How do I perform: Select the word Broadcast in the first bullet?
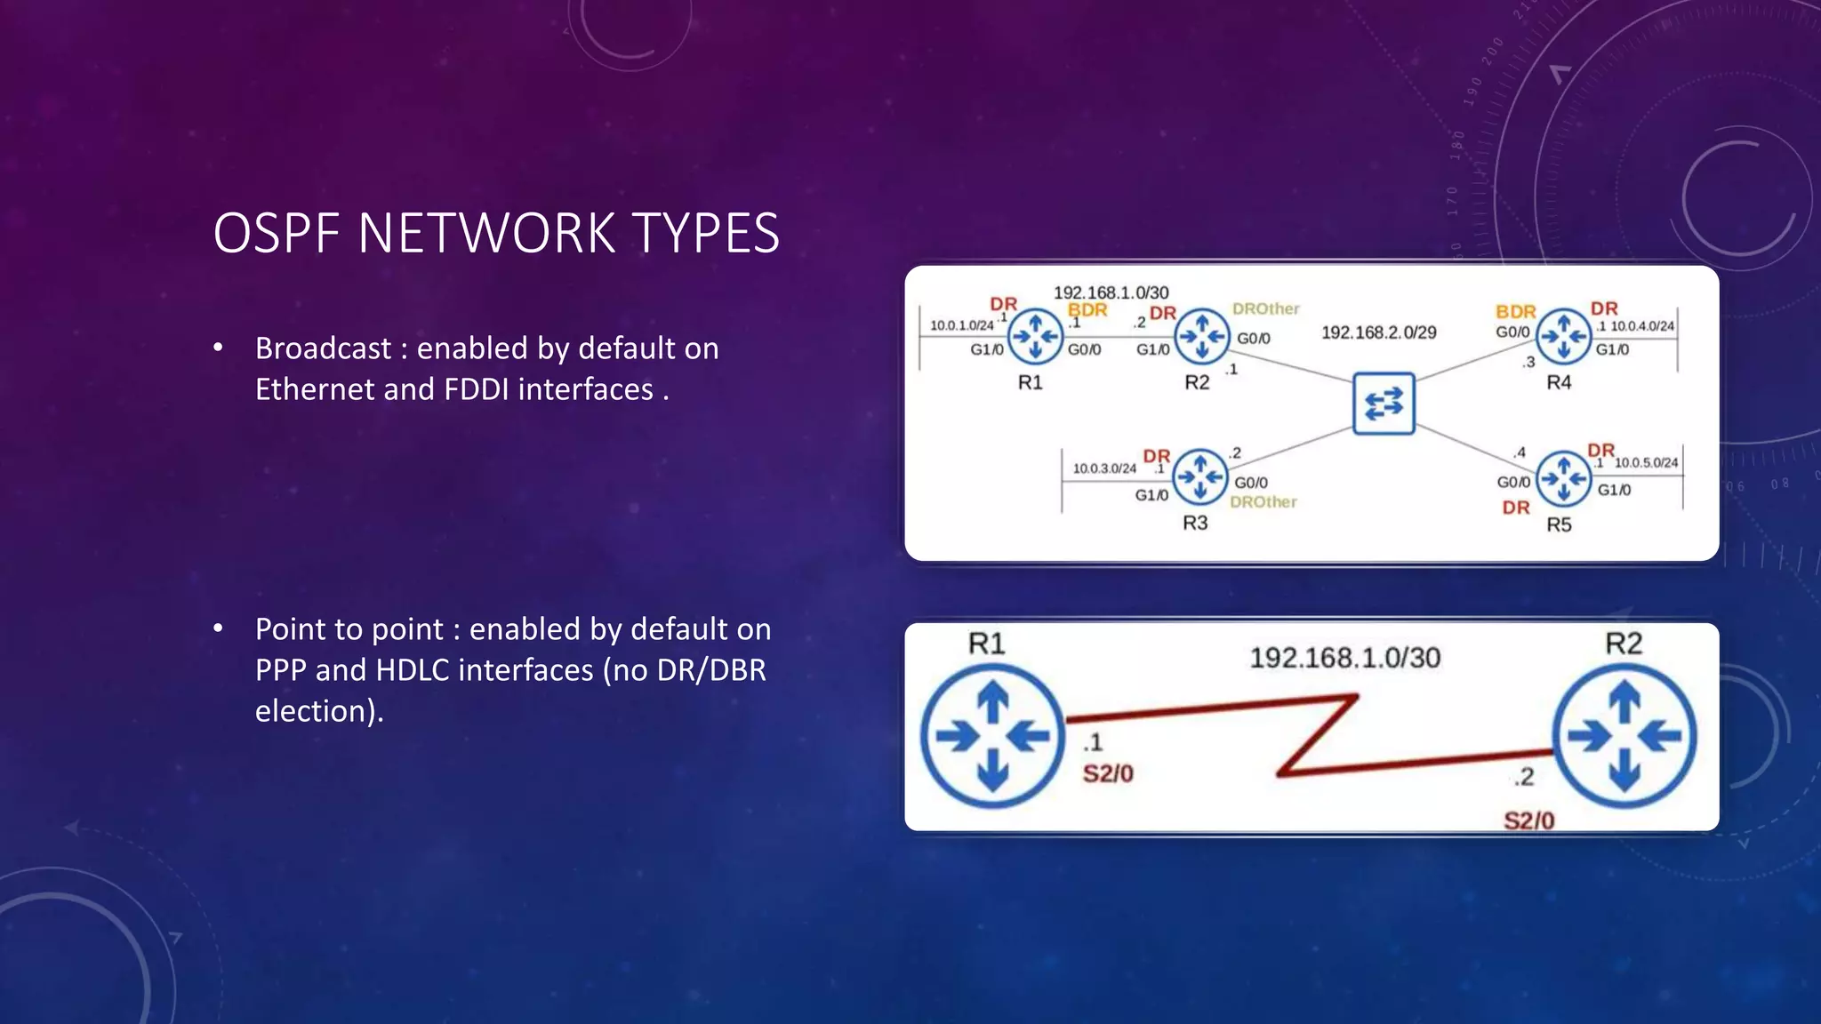click(x=323, y=348)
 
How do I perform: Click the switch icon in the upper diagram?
click(x=1384, y=404)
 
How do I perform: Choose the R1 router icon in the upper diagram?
click(x=1036, y=336)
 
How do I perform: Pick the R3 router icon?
click(x=1200, y=477)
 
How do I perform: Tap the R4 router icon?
click(x=1563, y=336)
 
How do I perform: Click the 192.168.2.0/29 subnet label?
click(x=1378, y=332)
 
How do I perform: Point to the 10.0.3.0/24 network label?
click(x=1104, y=468)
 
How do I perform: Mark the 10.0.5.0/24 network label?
click(x=1646, y=463)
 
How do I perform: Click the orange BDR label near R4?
click(x=1515, y=312)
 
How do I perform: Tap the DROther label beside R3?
click(x=1263, y=502)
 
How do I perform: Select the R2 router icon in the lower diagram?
click(x=1624, y=736)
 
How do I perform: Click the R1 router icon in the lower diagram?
click(x=992, y=736)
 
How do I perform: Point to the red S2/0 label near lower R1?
click(x=1108, y=774)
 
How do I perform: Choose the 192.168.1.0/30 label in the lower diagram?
click(x=1344, y=658)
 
